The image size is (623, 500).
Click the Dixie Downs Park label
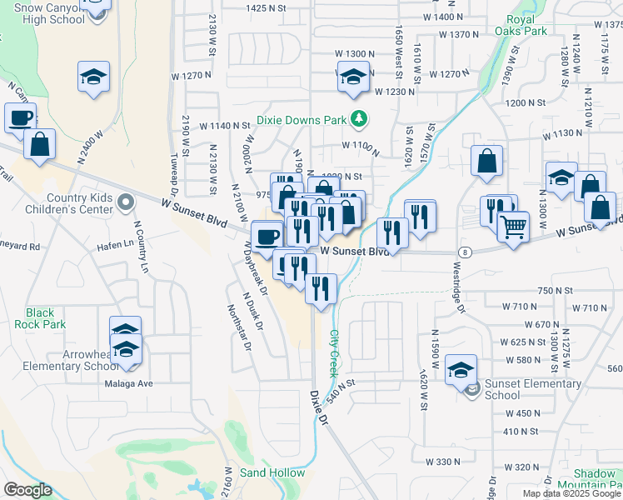pos(301,120)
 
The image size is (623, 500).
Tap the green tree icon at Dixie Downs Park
pos(360,120)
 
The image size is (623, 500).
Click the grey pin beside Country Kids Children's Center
pos(125,202)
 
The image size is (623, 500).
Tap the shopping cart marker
pos(513,226)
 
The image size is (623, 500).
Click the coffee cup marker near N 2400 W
pos(20,118)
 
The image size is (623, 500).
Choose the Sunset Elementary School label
pos(532,389)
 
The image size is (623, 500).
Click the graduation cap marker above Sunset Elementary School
pos(461,370)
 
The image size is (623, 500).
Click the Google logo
pos(27,490)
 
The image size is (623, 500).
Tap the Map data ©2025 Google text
pos(571,493)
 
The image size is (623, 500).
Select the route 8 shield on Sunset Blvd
pos(462,252)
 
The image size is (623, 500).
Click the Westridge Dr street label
pos(456,287)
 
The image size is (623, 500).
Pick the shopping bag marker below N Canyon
pos(39,145)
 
